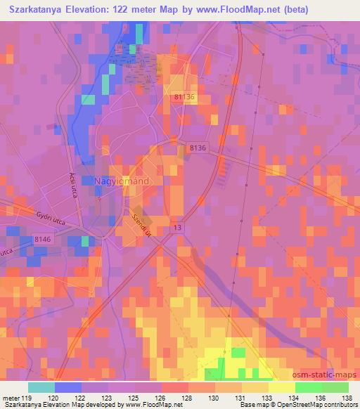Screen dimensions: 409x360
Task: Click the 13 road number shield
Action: [x=178, y=228]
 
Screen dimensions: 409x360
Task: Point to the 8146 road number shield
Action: [x=44, y=240]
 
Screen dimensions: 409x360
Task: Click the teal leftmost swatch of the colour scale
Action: [x=41, y=387]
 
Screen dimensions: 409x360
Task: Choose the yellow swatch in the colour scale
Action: [x=281, y=387]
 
